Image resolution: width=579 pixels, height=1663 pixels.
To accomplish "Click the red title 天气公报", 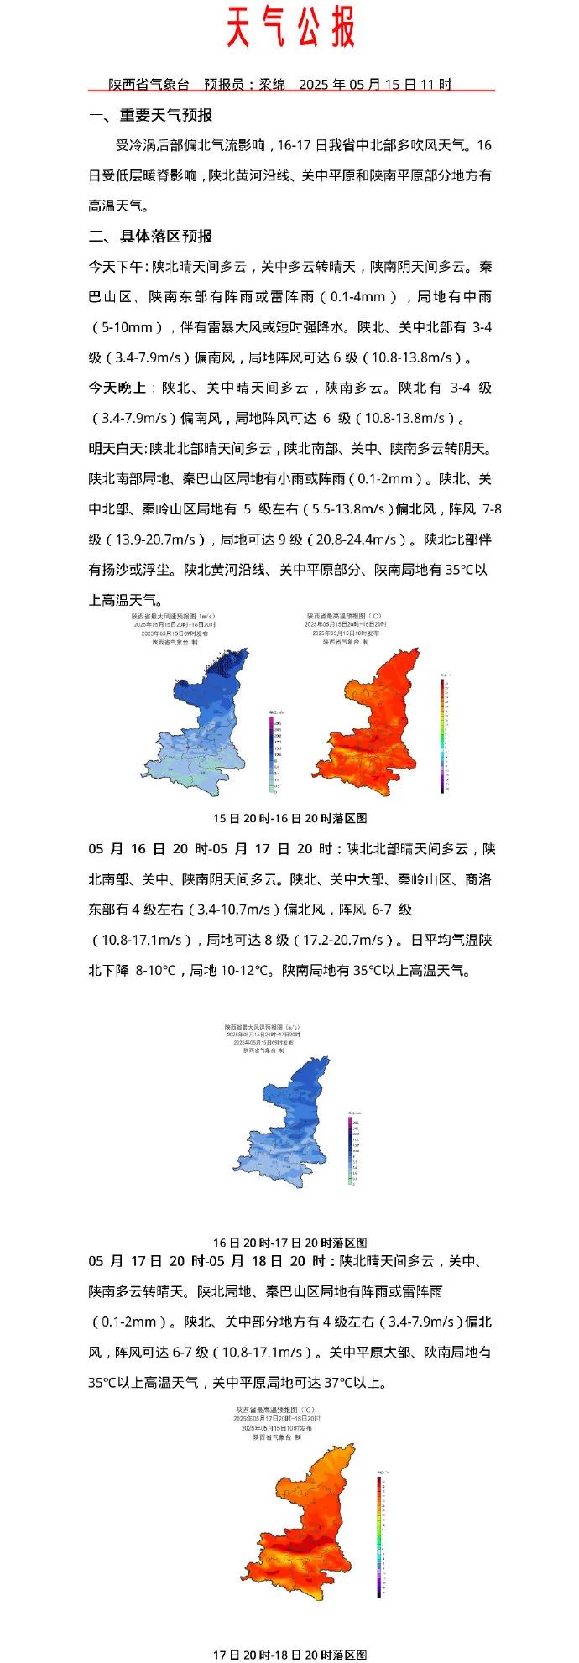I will pyautogui.click(x=290, y=29).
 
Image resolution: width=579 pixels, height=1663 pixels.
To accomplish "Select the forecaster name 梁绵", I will pyautogui.click(x=271, y=84).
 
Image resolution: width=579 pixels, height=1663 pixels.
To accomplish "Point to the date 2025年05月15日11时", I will pyautogui.click(x=375, y=84).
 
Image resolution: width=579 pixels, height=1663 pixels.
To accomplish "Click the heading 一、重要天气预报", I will pyautogui.click(x=150, y=116).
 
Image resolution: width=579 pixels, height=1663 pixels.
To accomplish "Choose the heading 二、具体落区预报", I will pyautogui.click(x=150, y=237).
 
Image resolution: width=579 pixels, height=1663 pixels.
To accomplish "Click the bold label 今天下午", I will pyautogui.click(x=118, y=267).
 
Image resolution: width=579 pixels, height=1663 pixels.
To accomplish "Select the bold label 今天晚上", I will pyautogui.click(x=118, y=388).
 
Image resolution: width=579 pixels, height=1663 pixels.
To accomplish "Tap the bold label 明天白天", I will pyautogui.click(x=118, y=448).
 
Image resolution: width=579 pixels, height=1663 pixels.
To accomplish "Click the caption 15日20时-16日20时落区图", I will pyautogui.click(x=289, y=818).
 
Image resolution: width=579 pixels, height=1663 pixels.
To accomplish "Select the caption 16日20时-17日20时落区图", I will pyautogui.click(x=289, y=1242).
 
